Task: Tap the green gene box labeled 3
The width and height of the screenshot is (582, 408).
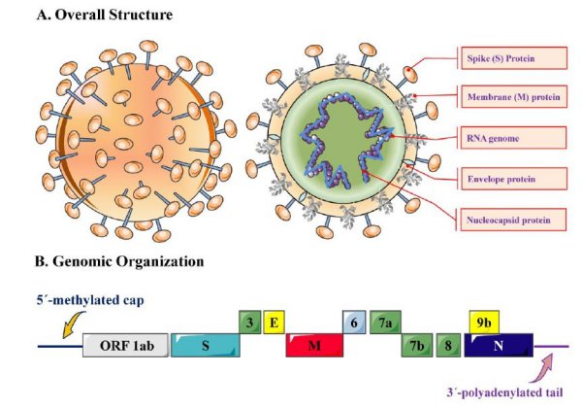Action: pyautogui.click(x=249, y=322)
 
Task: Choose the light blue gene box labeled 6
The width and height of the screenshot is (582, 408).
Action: pyautogui.click(x=355, y=322)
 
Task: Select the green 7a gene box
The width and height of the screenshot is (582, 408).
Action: pyautogui.click(x=386, y=322)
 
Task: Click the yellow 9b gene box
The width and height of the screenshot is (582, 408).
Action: pyautogui.click(x=483, y=322)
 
